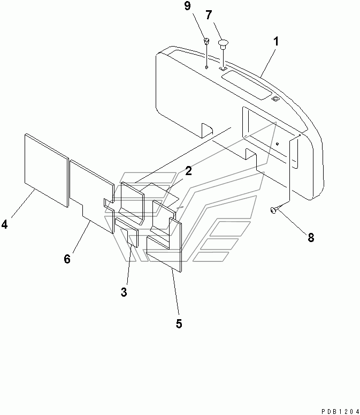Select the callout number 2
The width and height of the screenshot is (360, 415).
[x=188, y=171]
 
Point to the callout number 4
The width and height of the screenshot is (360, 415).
[x=5, y=225]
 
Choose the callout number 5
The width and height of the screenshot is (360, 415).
[x=179, y=323]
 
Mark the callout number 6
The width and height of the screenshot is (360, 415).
[x=67, y=259]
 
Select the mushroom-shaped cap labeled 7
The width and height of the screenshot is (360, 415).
[x=223, y=43]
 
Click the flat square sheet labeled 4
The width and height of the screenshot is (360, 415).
[x=47, y=170]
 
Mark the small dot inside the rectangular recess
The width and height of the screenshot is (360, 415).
[x=278, y=144]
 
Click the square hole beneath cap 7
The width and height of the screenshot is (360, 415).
[x=224, y=69]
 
